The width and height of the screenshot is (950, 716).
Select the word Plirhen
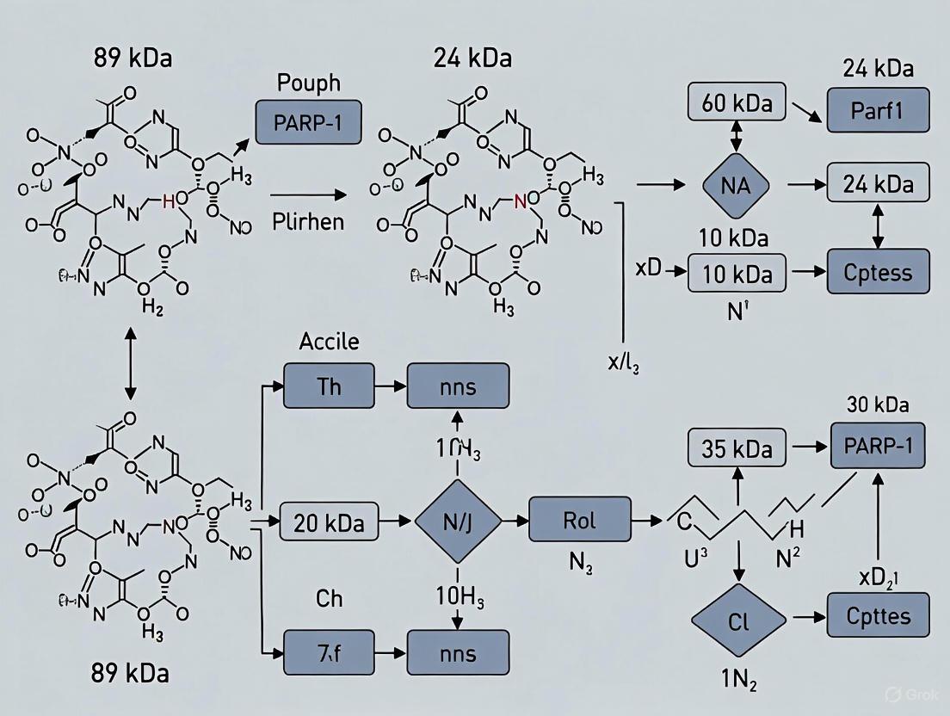point(308,221)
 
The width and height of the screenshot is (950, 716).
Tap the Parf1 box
point(879,110)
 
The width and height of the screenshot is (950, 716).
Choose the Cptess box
point(879,272)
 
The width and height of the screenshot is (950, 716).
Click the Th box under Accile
point(330,385)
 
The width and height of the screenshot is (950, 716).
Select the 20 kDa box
point(330,522)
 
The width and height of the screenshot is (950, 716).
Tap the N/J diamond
point(457,522)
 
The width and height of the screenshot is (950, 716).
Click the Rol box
point(579,520)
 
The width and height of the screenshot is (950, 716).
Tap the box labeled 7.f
point(330,653)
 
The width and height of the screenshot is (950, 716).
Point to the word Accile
point(329,341)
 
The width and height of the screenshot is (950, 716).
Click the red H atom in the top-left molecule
point(169,202)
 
